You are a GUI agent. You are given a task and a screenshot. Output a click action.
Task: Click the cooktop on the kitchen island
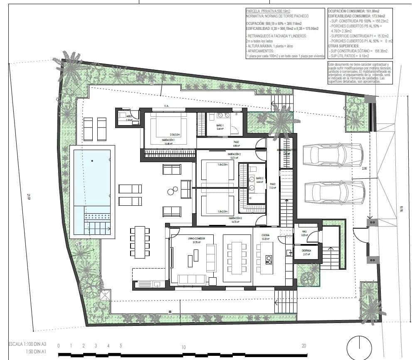[x=269, y=259]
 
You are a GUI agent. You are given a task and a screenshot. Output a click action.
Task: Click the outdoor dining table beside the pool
[x=140, y=242]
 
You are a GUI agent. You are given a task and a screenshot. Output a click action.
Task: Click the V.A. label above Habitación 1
[x=167, y=106]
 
